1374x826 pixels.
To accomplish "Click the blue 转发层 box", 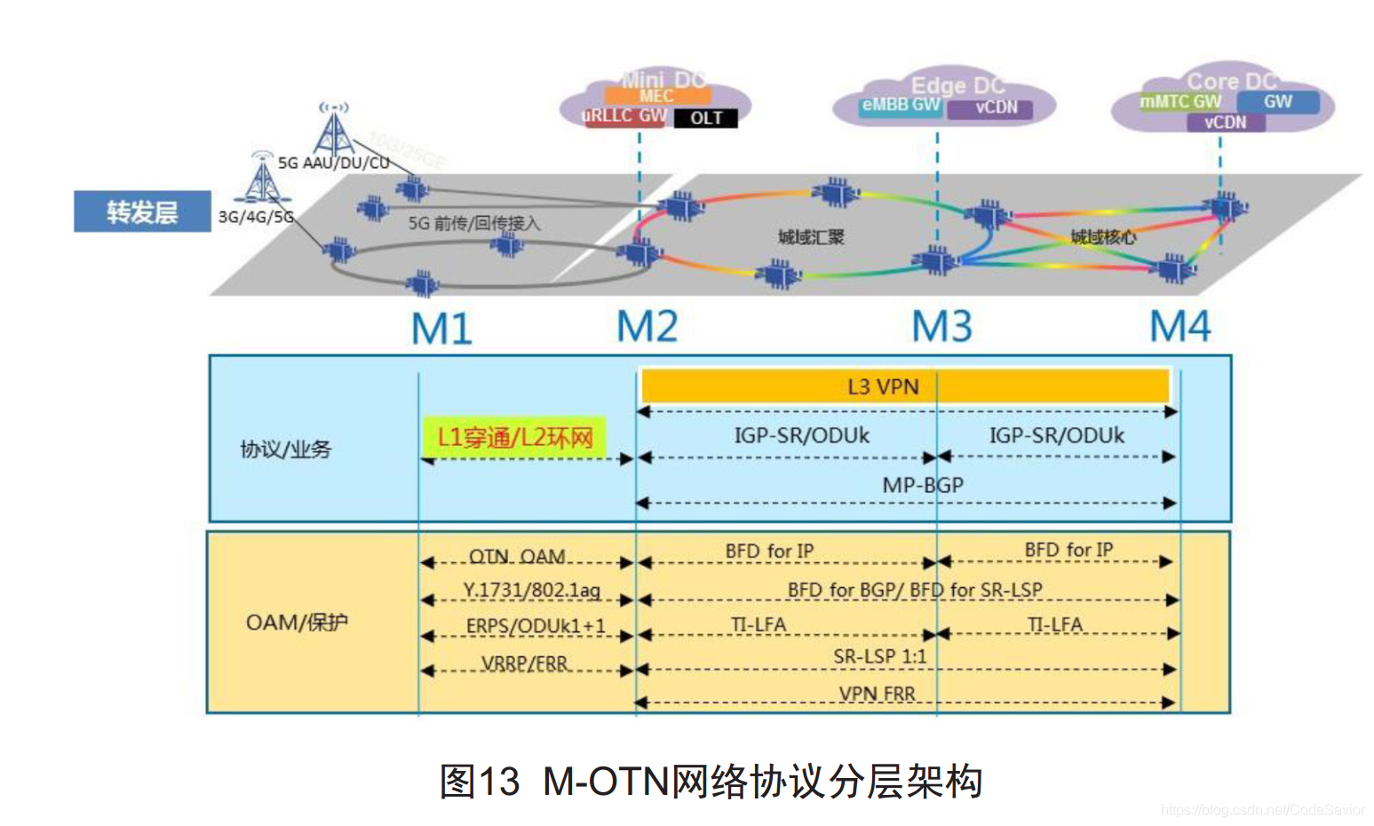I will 142,211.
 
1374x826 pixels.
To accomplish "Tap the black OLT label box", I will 706,118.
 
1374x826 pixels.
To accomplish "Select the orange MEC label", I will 656,96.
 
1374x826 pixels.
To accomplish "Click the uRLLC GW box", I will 624,116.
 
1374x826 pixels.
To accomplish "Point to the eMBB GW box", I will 901,105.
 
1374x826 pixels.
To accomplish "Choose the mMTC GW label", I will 1180,102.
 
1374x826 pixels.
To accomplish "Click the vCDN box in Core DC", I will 1226,123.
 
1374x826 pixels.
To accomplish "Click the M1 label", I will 441,330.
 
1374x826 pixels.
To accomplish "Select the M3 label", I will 941,327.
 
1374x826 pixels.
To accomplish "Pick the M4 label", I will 1179,327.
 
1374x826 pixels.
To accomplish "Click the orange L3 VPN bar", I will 904,386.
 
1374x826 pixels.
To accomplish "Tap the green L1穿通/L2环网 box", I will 515,437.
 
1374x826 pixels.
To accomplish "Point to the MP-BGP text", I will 922,485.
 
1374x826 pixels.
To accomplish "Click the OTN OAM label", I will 517,556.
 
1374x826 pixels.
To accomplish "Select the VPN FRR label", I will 877,694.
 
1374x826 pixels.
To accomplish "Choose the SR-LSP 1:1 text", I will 879,656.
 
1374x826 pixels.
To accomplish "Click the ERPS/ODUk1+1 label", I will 536,625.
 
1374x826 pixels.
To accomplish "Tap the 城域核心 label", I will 1102,237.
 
